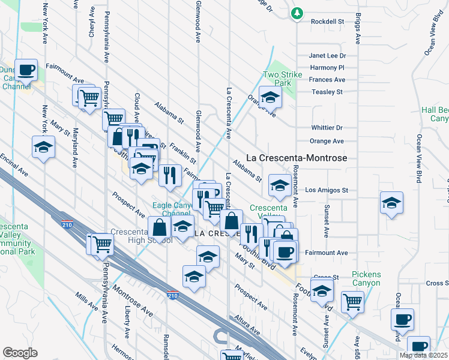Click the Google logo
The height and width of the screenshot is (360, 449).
pos(20,353)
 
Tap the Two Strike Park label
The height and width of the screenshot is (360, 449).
pos(281,79)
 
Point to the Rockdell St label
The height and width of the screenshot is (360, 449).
pos(327,21)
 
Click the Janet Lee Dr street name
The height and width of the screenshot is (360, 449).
pos(328,56)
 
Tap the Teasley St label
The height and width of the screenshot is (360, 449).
pos(327,92)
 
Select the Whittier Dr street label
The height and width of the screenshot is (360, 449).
pos(327,128)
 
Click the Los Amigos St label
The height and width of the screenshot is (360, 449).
pos(327,190)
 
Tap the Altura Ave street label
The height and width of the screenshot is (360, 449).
pos(247,326)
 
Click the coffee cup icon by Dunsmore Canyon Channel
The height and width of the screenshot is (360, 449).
pos(26,70)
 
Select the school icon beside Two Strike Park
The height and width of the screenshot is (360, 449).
pos(270,97)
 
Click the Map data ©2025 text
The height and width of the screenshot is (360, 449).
pos(424,355)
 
